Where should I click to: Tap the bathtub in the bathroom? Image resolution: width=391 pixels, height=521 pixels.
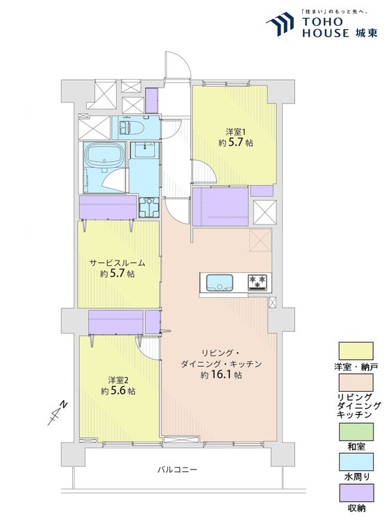105,156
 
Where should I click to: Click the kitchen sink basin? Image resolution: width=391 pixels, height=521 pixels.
219,283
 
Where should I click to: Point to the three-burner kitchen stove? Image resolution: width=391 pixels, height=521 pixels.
258,283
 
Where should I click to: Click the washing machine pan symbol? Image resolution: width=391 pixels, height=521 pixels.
149,207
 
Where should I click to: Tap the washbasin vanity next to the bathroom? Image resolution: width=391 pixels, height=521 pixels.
144,152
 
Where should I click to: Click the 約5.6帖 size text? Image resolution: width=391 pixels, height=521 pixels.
118,390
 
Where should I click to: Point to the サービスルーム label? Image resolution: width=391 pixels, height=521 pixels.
118,263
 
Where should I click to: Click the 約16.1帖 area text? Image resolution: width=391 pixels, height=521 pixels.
221,375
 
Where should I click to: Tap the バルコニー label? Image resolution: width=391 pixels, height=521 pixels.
177,470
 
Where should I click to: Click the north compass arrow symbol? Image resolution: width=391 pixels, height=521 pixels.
57,413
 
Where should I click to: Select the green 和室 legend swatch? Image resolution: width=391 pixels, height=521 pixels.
356,431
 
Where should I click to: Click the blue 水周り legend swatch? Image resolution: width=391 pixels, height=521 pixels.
356,462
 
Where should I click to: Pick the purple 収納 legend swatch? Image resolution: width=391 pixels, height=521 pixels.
356,493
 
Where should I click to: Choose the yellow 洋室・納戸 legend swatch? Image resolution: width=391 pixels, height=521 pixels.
356,351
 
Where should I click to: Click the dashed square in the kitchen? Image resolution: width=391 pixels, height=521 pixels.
260,240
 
